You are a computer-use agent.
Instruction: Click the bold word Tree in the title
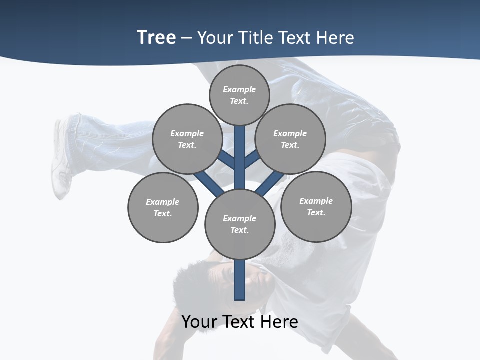pyautogui.click(x=156, y=37)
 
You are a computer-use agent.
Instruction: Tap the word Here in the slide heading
pyautogui.click(x=335, y=37)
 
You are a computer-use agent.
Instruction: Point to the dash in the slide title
pyautogui.click(x=186, y=38)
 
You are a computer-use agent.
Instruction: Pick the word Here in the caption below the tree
pyautogui.click(x=279, y=321)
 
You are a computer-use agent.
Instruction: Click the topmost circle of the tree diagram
pyautogui.click(x=239, y=95)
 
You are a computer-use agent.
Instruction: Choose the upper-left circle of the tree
pyautogui.click(x=187, y=139)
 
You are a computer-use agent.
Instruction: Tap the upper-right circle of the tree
pyautogui.click(x=290, y=139)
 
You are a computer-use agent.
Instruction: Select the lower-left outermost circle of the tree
pyautogui.click(x=163, y=207)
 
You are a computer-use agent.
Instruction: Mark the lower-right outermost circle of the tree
pyautogui.click(x=316, y=206)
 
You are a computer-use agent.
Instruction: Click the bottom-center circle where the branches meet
pyautogui.click(x=240, y=224)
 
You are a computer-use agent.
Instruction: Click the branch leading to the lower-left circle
pyautogui.click(x=209, y=183)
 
